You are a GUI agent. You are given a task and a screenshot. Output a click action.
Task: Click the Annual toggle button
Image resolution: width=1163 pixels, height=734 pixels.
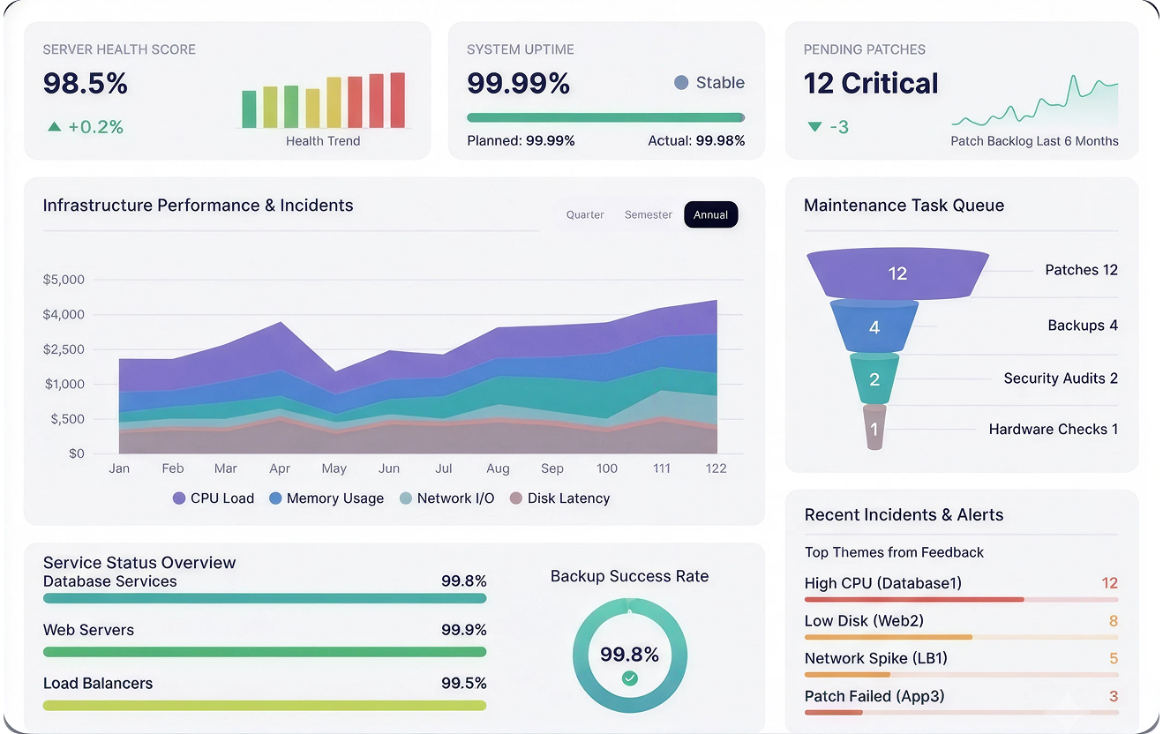coord(711,214)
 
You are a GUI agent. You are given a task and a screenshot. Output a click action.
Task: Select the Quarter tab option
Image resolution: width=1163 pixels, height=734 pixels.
coord(585,215)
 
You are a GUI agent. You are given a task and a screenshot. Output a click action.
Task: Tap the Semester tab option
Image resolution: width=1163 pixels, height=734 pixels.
coord(648,215)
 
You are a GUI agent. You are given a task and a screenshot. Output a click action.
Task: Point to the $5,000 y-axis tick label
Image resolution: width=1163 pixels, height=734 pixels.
coord(64,280)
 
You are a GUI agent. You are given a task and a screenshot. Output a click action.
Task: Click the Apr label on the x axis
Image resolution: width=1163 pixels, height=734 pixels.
coord(280,468)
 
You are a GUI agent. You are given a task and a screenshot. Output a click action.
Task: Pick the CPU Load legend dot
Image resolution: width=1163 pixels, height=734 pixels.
coord(178,498)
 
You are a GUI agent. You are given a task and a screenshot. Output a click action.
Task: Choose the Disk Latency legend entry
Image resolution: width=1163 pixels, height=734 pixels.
coord(559,498)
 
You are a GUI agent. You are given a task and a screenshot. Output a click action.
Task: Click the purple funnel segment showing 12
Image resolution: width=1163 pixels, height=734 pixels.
coord(897,273)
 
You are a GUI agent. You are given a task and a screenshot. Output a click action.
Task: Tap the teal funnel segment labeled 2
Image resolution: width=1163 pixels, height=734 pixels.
coord(874,379)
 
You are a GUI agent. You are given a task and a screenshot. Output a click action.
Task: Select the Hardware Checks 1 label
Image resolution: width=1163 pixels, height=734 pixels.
coord(1053,430)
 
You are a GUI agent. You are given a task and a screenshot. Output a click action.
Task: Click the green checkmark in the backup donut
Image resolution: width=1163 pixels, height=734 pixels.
coord(630,678)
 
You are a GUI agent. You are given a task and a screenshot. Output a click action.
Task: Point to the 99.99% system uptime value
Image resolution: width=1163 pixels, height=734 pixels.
coord(518,83)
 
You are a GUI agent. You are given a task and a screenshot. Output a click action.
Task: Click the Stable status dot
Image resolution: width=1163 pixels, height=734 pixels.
coord(681,83)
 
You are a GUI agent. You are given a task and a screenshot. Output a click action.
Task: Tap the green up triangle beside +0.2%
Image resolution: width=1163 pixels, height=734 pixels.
coord(55,126)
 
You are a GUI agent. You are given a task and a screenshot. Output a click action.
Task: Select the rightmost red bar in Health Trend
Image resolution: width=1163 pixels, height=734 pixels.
coord(398,100)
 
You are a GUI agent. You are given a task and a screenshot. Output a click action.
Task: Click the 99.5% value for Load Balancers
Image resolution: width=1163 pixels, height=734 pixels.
coord(463,683)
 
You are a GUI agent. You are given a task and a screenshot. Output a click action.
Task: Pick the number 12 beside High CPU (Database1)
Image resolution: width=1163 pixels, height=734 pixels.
coord(1109,583)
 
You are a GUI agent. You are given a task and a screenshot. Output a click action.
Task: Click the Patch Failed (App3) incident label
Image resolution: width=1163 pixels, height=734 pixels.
coord(874,696)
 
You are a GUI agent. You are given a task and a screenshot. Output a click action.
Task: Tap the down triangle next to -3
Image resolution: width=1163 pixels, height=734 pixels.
coord(814,126)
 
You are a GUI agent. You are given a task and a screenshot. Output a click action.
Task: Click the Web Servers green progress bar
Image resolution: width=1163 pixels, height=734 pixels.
coord(265,652)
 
